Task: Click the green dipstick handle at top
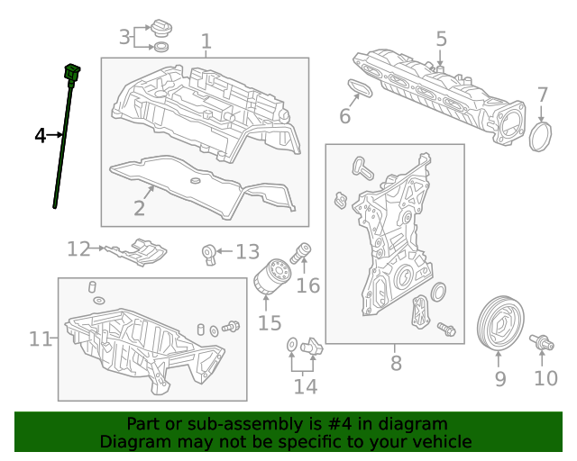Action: coord(72,72)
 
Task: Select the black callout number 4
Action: coord(40,136)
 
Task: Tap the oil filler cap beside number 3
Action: coord(161,28)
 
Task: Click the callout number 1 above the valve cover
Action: coord(206,41)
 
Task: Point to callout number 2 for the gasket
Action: coord(139,209)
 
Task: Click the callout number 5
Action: coord(441,39)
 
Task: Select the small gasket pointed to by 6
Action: coord(360,88)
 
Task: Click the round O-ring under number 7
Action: coord(541,136)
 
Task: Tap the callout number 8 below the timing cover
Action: coord(396,363)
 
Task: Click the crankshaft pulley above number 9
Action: coord(499,322)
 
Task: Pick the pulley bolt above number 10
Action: coord(541,343)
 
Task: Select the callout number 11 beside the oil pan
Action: coord(40,339)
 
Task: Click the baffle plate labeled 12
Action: coord(136,251)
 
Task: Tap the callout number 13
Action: coord(248,252)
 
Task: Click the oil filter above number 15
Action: coord(271,276)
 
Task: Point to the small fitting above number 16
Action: coord(300,253)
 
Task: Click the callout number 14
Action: coord(305,386)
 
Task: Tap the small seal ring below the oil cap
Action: coord(161,47)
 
